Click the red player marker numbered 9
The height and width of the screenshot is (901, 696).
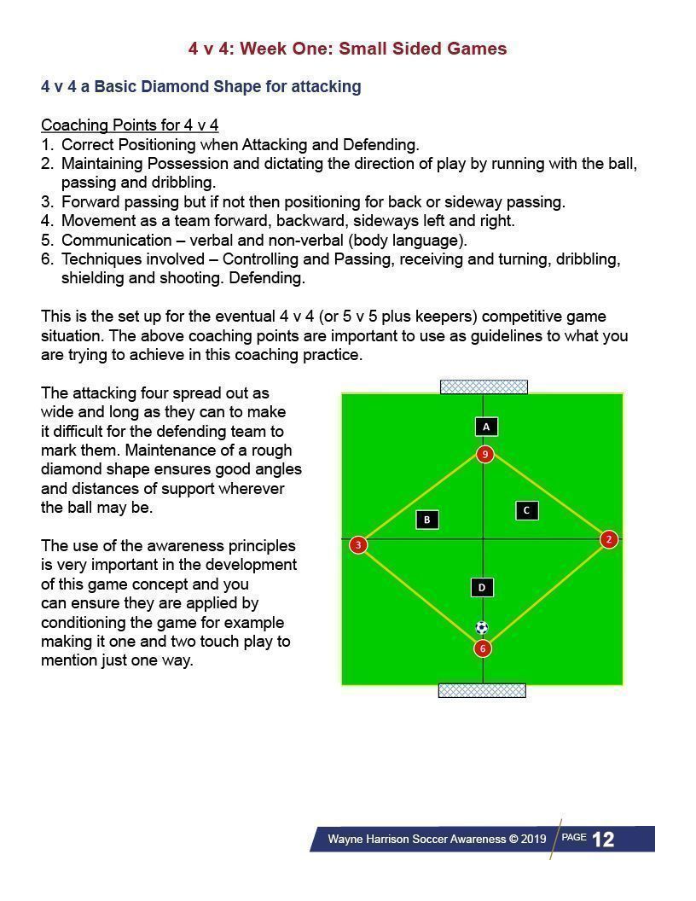click(484, 454)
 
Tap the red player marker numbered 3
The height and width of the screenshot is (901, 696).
click(358, 544)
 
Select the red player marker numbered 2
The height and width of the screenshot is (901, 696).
click(608, 539)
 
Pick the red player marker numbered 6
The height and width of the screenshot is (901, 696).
click(483, 648)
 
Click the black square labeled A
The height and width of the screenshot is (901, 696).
click(485, 427)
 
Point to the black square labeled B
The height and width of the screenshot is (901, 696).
click(427, 520)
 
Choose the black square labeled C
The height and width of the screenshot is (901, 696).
click(527, 510)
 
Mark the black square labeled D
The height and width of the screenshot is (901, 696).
click(482, 587)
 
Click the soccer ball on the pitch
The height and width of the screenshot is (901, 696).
click(482, 628)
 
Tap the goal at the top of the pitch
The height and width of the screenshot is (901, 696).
click(484, 387)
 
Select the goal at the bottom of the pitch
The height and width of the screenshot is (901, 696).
click(482, 690)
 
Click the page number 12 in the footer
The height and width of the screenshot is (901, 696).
click(603, 840)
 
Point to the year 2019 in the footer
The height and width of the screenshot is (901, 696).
click(533, 840)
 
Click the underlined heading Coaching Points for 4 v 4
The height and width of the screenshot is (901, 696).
click(130, 125)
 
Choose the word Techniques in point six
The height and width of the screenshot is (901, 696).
click(99, 259)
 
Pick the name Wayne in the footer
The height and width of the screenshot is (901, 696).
click(345, 840)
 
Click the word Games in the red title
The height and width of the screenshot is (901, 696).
click(481, 49)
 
